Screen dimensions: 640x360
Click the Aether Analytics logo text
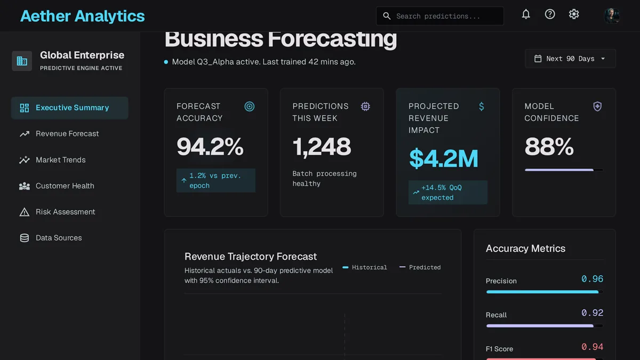coord(82,16)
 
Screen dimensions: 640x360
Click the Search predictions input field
coord(439,16)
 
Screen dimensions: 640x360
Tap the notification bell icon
coord(526,14)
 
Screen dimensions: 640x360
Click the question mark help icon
coord(550,14)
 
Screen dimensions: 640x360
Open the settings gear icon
coord(574,14)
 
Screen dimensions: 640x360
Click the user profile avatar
coord(612,15)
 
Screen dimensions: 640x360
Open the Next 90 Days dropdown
coord(570,59)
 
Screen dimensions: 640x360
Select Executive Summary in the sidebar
coord(70,108)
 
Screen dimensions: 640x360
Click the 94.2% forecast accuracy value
coord(210,147)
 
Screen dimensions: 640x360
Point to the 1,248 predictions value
coord(322,147)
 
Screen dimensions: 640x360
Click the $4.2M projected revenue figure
coord(444,158)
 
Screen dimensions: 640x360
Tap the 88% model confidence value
coord(549,147)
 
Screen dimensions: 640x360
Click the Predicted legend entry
coord(420,267)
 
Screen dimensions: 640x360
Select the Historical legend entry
coord(365,267)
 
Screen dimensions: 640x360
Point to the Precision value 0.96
coord(593,279)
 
